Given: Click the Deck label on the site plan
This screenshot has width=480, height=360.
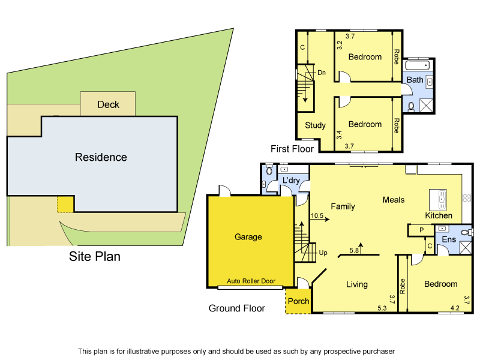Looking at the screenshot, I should click(108, 104).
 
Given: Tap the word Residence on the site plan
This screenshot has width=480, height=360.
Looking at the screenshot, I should click(101, 157).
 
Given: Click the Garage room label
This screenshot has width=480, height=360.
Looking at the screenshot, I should click(248, 237).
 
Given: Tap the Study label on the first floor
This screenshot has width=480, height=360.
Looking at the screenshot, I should click(315, 125).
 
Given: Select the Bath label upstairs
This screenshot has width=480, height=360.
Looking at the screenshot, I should click(415, 80).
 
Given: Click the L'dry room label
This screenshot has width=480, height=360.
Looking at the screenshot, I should click(291, 181).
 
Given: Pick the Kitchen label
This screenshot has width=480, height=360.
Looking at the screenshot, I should click(439, 215).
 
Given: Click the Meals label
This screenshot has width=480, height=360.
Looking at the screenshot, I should click(394, 200).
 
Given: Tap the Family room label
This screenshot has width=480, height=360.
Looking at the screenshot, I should click(343, 206).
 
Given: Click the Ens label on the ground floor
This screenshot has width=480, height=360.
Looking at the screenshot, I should click(449, 239).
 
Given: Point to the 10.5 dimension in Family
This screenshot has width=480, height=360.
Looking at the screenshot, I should click(317, 215).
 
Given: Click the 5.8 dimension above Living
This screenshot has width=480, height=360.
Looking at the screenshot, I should click(354, 250).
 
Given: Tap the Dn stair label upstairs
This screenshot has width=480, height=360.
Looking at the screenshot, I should click(322, 73).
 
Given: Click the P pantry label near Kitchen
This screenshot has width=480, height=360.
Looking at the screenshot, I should click(422, 230).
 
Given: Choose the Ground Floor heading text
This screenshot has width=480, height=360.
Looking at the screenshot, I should click(236, 308).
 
